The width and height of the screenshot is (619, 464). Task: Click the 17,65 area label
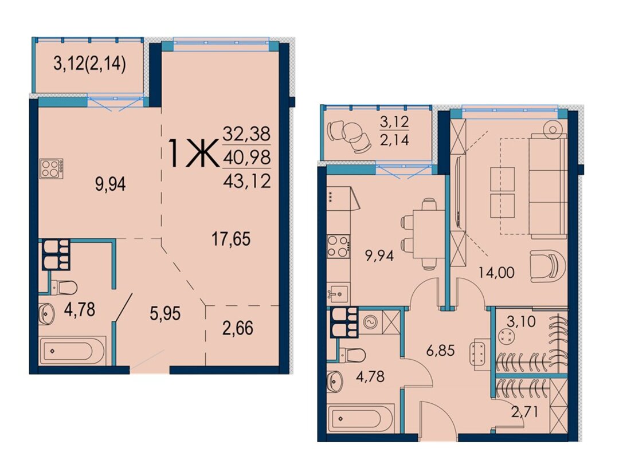pyautogui.click(x=231, y=239)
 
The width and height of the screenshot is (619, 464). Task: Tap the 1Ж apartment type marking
pyautogui.click(x=193, y=154)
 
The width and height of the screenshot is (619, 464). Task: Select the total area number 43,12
pyautogui.click(x=246, y=182)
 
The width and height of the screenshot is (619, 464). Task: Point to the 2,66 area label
pyautogui.click(x=238, y=328)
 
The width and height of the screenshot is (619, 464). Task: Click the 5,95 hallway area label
pyautogui.click(x=165, y=314)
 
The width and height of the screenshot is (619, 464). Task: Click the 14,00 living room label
pyautogui.click(x=496, y=272)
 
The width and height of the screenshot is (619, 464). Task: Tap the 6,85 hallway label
pyautogui.click(x=440, y=350)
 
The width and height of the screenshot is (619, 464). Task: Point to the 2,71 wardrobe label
pyautogui.click(x=525, y=412)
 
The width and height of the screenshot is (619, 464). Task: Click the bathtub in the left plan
pyautogui.click(x=73, y=351)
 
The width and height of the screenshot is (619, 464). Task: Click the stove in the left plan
pyautogui.click(x=52, y=169)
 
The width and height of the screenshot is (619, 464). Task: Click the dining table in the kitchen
pyautogui.click(x=428, y=234)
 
